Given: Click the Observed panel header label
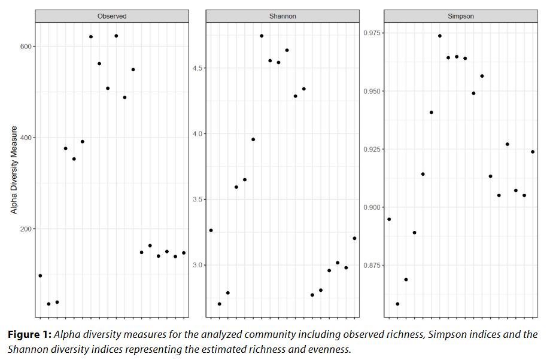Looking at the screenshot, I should click(x=112, y=16).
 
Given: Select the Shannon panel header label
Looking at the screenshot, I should click(x=283, y=16).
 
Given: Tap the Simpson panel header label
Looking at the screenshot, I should click(x=460, y=16).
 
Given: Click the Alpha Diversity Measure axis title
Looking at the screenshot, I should click(x=14, y=170).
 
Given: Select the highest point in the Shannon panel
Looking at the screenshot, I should click(x=262, y=36).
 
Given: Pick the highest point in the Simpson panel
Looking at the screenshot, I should click(x=439, y=36).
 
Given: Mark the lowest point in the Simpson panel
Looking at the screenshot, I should click(x=397, y=304).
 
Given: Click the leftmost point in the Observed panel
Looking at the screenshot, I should click(x=40, y=276).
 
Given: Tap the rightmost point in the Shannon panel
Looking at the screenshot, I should click(x=354, y=238).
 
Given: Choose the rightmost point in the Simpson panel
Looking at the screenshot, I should click(x=533, y=152).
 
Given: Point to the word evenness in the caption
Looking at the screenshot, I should click(x=326, y=349).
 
